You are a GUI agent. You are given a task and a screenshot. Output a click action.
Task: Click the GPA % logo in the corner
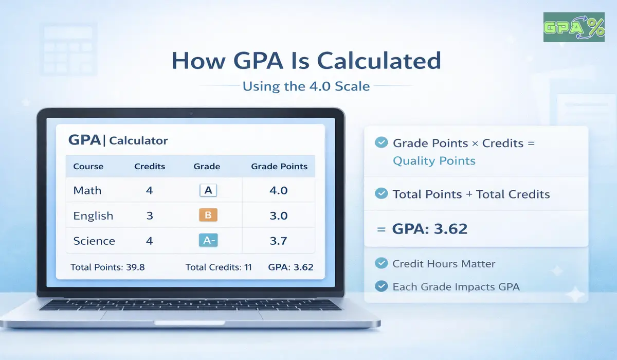coord(574,27)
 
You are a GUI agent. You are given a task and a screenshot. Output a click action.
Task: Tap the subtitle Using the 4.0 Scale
coord(306,86)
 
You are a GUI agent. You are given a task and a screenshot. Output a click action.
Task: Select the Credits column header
coord(150,167)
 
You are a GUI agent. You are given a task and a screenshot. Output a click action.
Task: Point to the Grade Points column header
coord(279,167)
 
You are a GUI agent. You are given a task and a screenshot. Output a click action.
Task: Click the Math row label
coord(87,191)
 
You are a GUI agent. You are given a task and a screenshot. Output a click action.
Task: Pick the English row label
coord(93,216)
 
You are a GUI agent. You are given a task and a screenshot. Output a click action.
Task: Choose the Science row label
coord(94,241)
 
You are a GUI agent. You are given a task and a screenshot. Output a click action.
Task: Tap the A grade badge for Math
coord(208,191)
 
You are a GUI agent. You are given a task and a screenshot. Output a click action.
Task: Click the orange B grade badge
coord(208,215)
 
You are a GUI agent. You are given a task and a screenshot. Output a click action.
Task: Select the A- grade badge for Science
coord(208,241)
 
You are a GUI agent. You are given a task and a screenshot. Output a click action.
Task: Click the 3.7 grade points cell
coord(278,241)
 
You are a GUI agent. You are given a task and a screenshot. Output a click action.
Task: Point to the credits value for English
coord(150,216)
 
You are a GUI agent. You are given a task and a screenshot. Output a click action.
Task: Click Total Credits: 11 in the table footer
coord(219,267)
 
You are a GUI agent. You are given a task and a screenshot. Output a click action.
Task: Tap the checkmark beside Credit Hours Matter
coord(381,264)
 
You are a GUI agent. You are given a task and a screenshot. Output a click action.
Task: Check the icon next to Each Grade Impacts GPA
coord(381,286)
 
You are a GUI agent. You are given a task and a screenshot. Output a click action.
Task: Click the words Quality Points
coord(434,161)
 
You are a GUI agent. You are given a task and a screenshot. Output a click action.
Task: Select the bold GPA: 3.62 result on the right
coord(430,229)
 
